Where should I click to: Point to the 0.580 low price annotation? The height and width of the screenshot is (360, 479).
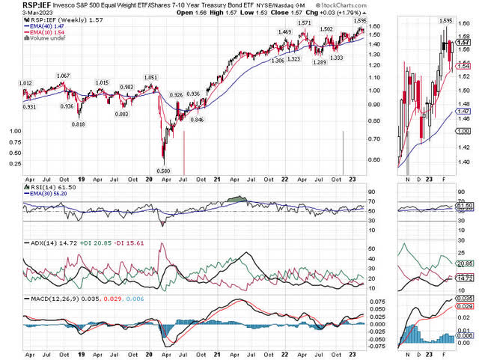164,171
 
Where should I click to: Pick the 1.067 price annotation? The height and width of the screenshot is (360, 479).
63,76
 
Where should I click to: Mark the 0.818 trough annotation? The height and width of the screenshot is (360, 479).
77,123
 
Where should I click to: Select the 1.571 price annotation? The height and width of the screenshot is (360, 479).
305,23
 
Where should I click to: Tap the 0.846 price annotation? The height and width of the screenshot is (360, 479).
197,120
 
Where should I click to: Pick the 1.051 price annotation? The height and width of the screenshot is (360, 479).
151,77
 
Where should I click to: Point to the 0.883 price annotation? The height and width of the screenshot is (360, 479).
121,114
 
